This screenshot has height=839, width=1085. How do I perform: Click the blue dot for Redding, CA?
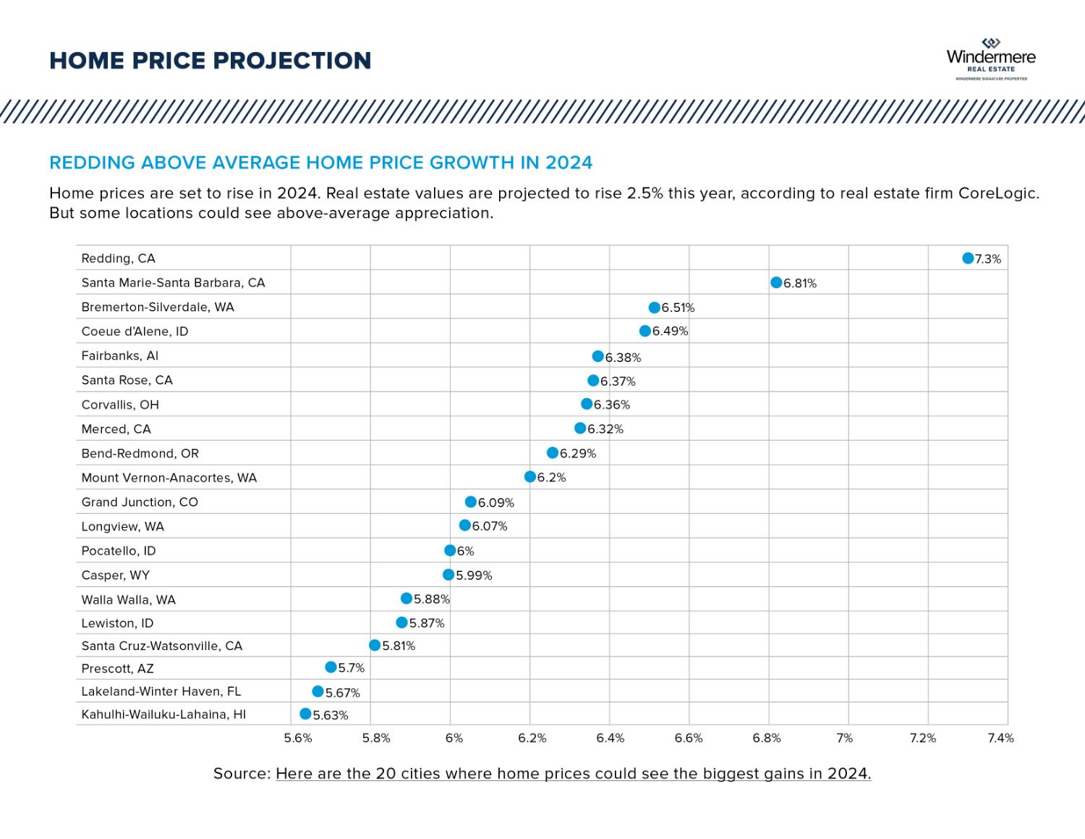click(x=968, y=258)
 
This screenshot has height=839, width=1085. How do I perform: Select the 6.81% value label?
click(x=800, y=284)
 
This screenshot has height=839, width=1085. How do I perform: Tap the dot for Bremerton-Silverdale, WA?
click(x=655, y=308)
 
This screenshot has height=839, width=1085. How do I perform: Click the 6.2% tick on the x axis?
click(x=532, y=738)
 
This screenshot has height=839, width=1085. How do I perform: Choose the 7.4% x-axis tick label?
click(x=1001, y=738)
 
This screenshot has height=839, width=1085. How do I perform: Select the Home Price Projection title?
click(x=210, y=61)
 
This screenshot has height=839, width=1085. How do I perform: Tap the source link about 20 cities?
click(x=573, y=774)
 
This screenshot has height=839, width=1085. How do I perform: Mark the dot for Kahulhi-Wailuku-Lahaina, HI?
click(x=305, y=714)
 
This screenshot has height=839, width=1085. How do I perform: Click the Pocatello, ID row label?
click(x=119, y=551)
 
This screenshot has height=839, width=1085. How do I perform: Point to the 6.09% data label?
click(x=496, y=503)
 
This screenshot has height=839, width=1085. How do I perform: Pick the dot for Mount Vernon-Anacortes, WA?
click(x=530, y=477)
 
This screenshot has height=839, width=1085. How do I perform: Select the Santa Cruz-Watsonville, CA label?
click(x=162, y=646)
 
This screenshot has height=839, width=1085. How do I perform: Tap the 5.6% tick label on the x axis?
click(x=298, y=738)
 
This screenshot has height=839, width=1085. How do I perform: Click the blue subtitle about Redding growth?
click(x=321, y=163)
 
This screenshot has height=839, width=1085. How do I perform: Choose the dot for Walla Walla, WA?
click(x=407, y=599)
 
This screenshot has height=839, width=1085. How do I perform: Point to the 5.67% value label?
click(x=343, y=693)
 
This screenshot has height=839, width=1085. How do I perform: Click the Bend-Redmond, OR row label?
click(x=140, y=454)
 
